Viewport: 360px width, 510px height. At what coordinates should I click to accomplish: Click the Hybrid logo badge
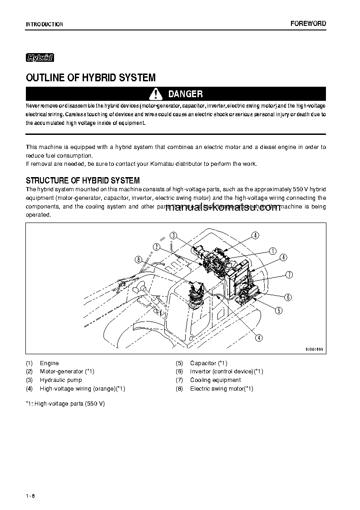[x=40, y=58]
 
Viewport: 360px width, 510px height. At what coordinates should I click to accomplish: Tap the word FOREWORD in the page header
[x=308, y=24]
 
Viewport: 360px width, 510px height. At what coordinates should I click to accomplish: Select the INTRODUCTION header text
[x=44, y=25]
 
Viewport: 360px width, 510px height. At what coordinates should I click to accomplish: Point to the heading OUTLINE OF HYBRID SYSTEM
[x=91, y=78]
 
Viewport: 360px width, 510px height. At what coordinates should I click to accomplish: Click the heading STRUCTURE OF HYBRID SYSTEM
[x=83, y=181]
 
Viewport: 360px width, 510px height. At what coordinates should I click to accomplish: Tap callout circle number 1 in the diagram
[x=273, y=250]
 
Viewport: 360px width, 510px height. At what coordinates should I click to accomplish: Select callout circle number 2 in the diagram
[x=157, y=247]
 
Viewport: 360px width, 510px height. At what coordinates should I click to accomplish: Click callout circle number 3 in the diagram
[x=173, y=235]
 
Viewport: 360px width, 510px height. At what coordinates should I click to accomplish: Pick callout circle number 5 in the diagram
[x=279, y=311]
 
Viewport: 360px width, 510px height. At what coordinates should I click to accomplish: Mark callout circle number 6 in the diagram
[x=288, y=297]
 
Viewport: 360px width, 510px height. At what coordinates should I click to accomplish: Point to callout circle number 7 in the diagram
[x=289, y=274]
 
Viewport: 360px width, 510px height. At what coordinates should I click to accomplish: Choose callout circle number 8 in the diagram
[x=139, y=259]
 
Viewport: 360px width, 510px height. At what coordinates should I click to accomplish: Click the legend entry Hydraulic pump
[x=61, y=380]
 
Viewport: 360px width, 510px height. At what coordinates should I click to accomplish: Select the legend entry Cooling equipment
[x=215, y=380]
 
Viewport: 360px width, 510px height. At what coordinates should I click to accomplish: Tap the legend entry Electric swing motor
[x=222, y=389]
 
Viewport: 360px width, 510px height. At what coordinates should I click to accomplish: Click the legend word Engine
[x=49, y=363]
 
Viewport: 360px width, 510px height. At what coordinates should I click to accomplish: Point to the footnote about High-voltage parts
[x=65, y=403]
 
